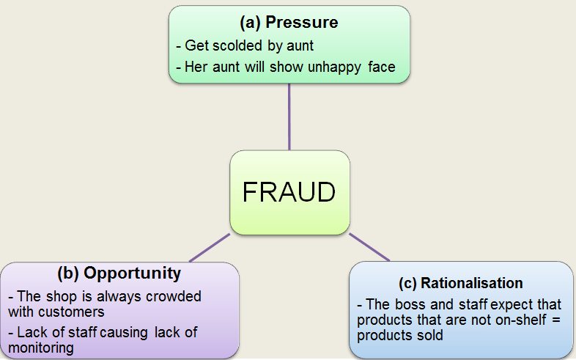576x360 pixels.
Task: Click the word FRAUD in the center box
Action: (x=289, y=192)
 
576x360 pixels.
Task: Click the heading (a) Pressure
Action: (x=289, y=22)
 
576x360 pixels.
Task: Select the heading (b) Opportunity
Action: (x=119, y=273)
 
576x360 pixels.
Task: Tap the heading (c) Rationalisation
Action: (x=461, y=283)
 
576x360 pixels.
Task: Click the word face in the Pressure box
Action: (x=382, y=67)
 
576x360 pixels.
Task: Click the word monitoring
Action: (x=41, y=348)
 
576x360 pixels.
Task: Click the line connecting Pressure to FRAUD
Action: (x=289, y=117)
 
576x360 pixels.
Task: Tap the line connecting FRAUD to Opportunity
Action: (x=210, y=248)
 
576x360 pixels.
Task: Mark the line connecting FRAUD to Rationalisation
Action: (x=369, y=247)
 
